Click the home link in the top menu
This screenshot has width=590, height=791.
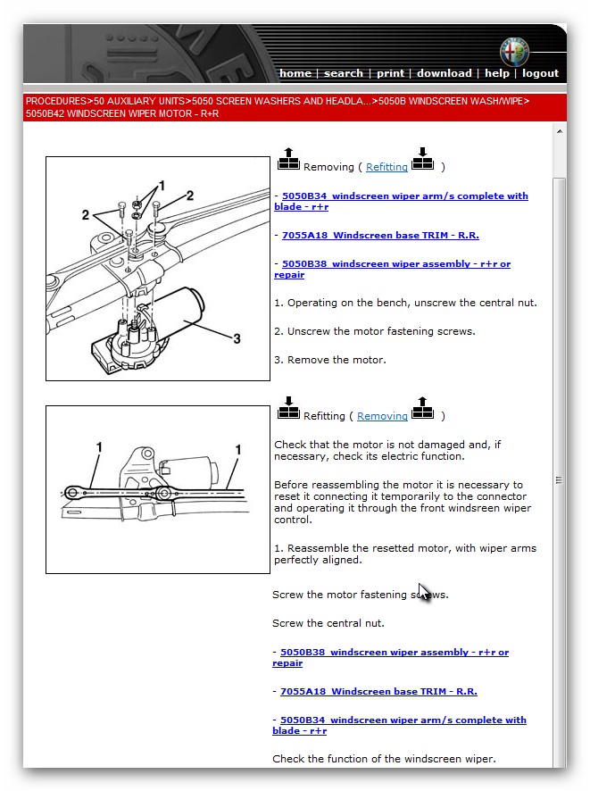tap(295, 73)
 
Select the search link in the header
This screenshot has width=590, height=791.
tap(344, 73)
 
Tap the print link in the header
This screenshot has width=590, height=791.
tap(390, 73)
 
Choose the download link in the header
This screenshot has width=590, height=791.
tap(444, 73)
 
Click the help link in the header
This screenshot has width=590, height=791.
tap(497, 73)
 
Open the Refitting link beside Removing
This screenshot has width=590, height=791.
tap(386, 167)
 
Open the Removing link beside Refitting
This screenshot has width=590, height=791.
tap(382, 416)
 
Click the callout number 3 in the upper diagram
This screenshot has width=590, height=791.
tap(237, 338)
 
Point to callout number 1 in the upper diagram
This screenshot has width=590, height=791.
tap(161, 186)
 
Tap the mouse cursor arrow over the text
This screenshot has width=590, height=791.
tap(424, 592)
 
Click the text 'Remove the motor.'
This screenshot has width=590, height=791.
tap(329, 360)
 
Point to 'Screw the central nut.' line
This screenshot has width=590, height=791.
tap(328, 623)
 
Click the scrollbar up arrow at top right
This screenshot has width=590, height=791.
tap(560, 131)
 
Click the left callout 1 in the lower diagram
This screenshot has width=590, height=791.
tap(99, 447)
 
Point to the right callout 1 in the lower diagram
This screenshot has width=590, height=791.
tap(238, 450)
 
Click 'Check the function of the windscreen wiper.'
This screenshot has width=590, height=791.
tap(384, 759)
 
